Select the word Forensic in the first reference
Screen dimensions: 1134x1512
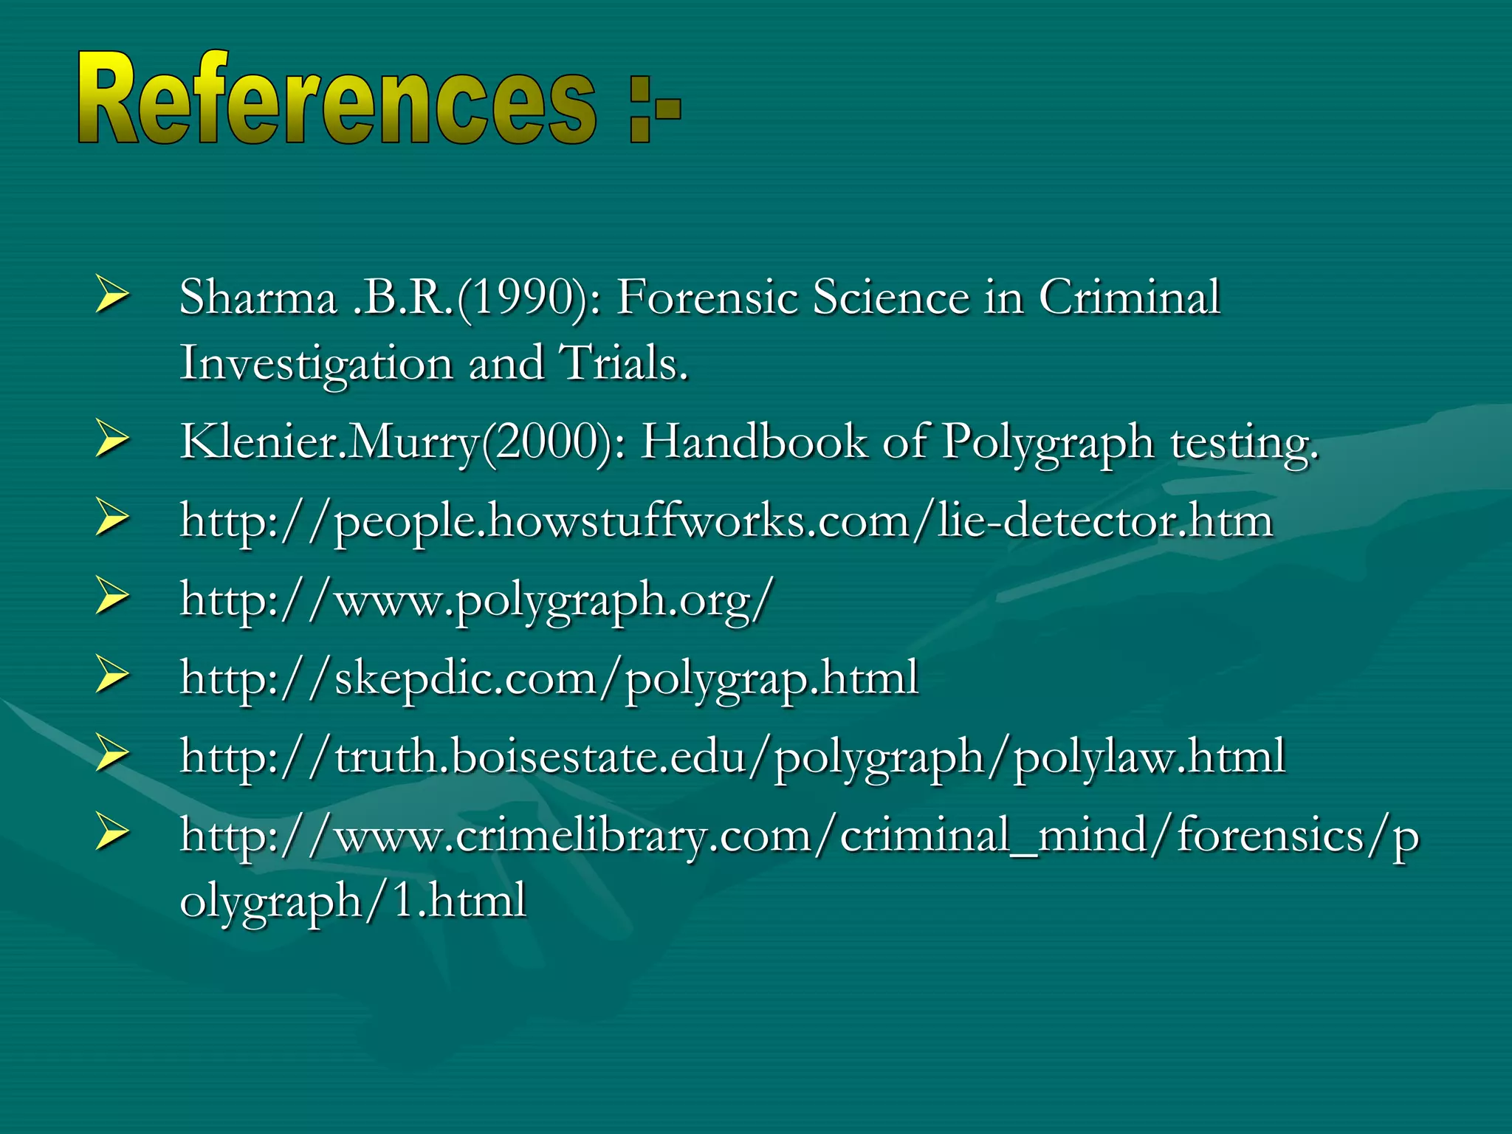[707, 298]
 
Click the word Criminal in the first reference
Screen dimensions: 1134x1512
[1129, 298]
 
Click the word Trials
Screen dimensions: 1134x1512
[624, 363]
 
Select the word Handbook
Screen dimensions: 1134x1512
[753, 442]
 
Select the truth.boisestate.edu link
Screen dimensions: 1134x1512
[732, 757]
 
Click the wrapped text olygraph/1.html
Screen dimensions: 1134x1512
[353, 901]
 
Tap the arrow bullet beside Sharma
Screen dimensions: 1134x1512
[112, 298]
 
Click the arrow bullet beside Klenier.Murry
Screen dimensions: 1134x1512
[112, 441]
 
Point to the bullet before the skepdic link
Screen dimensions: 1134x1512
[112, 676]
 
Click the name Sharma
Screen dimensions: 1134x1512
[258, 298]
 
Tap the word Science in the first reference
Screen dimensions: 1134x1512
[890, 298]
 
